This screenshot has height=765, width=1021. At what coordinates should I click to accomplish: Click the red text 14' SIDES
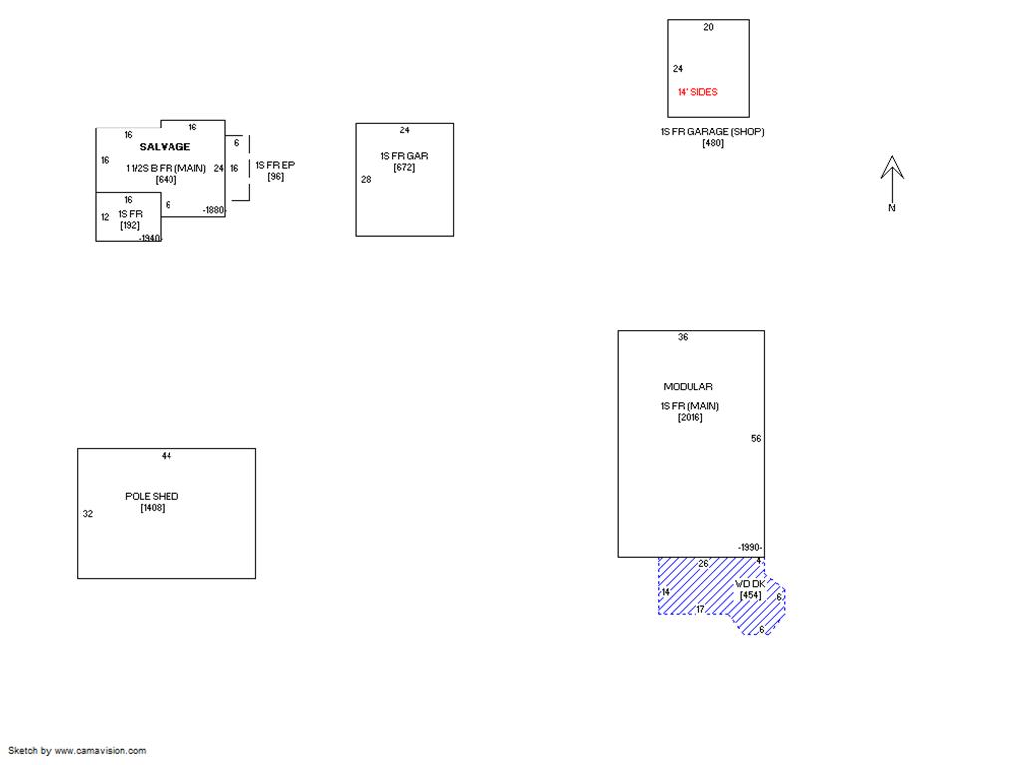point(697,92)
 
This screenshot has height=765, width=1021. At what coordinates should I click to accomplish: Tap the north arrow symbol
point(892,183)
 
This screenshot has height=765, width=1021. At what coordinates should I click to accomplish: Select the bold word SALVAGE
point(165,147)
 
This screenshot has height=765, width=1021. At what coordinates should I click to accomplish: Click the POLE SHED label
point(152,496)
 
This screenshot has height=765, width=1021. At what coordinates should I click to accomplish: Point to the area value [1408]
point(153,507)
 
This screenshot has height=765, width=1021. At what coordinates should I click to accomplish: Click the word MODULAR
point(688,387)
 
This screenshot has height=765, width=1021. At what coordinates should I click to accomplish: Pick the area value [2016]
point(690,417)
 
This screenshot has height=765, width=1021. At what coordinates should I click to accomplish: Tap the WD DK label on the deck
point(750,584)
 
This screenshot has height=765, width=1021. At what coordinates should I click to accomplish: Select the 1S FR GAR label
point(405,156)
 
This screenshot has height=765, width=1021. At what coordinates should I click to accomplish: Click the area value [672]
point(405,167)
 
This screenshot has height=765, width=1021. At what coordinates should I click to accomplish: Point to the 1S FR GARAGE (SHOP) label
point(712,132)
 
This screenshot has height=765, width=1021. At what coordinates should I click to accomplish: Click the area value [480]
point(713,143)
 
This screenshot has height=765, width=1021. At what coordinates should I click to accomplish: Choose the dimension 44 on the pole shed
point(167,456)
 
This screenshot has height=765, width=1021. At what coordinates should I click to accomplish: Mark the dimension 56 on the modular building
point(756,438)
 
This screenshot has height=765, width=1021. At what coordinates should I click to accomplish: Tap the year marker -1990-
point(750,547)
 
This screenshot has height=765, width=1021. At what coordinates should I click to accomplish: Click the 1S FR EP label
point(275,165)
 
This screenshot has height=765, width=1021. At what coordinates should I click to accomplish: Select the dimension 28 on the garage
point(366,179)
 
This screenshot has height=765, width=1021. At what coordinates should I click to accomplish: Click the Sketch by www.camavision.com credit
point(77,751)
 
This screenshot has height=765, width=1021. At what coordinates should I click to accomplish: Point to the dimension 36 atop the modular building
point(683,337)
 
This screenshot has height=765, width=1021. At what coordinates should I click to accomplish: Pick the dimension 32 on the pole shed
point(88,513)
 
